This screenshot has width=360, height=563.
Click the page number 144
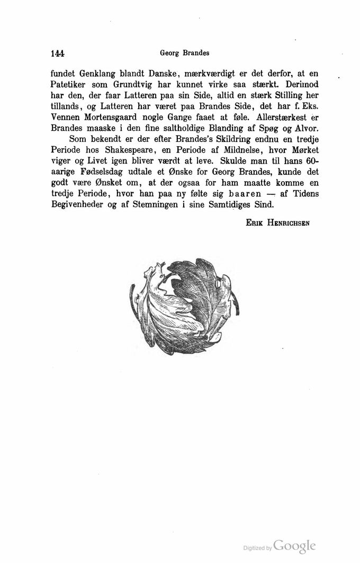(57, 53)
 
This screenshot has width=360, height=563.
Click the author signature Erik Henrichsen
(277, 223)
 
